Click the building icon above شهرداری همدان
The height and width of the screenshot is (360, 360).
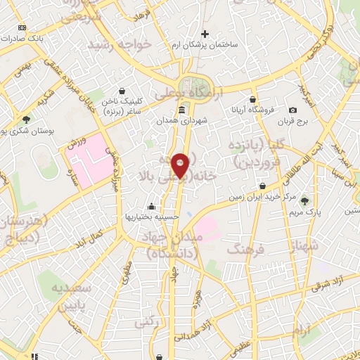click(182, 110)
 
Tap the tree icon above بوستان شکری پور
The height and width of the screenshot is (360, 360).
click(26, 120)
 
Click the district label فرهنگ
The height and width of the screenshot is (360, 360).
click(245, 248)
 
